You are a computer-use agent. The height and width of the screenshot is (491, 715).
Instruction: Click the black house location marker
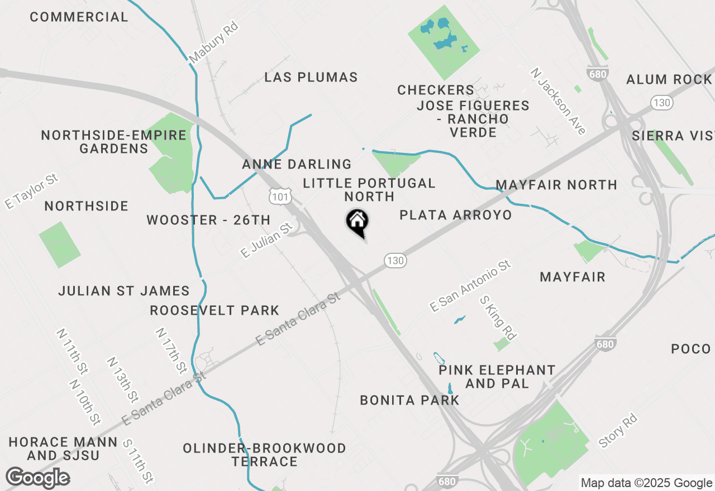(357, 222)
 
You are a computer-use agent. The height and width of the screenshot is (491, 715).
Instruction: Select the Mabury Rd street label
(213, 42)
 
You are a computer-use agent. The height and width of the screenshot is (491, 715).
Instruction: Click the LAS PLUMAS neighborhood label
(311, 77)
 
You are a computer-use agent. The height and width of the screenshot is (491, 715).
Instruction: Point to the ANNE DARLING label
(297, 164)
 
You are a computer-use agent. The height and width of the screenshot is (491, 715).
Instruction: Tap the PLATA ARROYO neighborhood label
(455, 215)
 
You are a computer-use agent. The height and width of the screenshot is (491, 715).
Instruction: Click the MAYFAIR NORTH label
(556, 185)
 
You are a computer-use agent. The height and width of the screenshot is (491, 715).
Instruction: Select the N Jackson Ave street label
(558, 101)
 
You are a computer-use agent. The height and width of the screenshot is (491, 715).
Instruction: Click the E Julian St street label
(267, 240)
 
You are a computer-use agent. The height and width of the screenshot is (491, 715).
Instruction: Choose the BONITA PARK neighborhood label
(409, 400)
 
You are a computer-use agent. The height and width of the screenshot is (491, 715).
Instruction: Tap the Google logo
(38, 478)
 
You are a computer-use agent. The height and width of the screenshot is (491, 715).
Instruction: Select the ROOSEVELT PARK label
(214, 310)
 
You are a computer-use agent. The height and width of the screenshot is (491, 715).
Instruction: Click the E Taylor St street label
(31, 191)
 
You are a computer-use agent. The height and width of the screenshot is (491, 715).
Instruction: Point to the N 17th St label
(171, 350)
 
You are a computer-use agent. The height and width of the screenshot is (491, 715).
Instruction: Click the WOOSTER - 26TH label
(208, 220)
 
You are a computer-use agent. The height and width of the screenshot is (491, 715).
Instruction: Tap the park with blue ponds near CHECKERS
(444, 42)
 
